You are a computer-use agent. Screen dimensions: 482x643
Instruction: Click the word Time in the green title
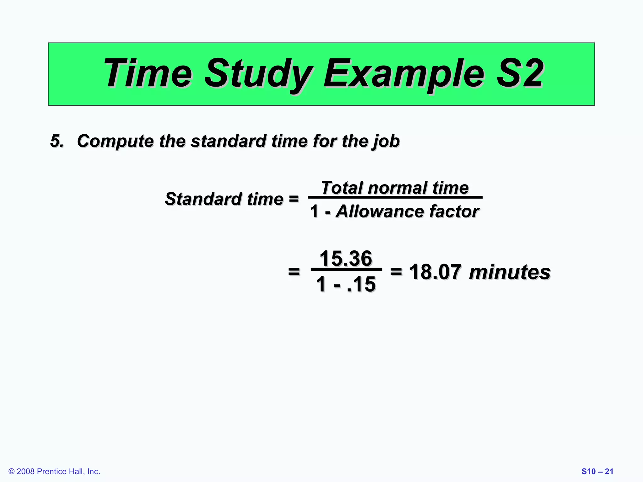point(148,74)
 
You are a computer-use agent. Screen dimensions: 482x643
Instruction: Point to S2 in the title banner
point(520,74)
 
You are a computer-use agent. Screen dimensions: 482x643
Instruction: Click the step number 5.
point(57,141)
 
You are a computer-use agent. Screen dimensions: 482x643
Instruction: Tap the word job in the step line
point(386,142)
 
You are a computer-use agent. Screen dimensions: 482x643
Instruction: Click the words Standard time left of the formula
point(224,199)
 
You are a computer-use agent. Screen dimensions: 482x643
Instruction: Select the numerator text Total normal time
point(395,188)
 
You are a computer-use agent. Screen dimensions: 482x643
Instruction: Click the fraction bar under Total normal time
point(395,197)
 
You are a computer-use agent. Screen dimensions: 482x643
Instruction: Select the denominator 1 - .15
point(346,284)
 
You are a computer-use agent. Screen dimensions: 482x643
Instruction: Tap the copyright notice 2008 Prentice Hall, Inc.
point(54,471)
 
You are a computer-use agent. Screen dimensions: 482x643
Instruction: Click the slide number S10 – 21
point(597,471)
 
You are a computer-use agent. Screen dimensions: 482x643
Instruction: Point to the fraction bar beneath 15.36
point(346,270)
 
